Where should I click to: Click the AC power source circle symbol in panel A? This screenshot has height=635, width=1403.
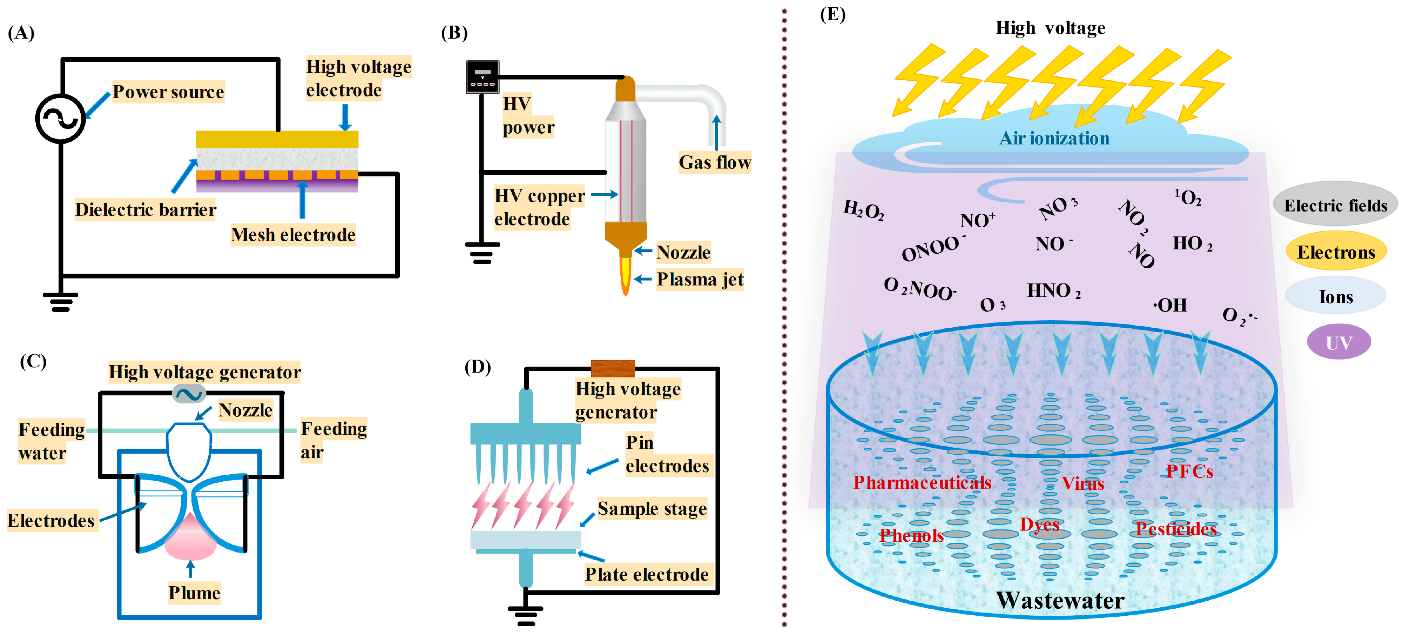click(60, 118)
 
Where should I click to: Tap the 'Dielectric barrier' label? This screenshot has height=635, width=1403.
click(146, 210)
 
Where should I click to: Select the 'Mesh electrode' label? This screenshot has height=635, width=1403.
click(293, 235)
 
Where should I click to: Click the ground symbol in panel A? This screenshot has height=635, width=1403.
click(60, 301)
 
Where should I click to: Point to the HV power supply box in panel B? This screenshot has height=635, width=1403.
click(482, 77)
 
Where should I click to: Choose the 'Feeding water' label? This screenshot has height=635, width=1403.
click(51, 441)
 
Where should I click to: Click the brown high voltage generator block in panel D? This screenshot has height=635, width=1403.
click(613, 368)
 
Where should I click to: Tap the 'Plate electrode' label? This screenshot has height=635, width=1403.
click(647, 575)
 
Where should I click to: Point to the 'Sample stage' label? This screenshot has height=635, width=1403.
click(652, 509)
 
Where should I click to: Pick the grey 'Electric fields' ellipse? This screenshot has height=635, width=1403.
click(1335, 205)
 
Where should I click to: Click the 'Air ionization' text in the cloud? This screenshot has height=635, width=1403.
click(1054, 139)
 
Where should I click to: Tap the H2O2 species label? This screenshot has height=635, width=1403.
click(863, 210)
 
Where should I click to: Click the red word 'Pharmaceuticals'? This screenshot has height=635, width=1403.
click(922, 482)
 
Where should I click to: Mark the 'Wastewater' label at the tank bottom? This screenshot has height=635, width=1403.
click(1060, 600)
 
